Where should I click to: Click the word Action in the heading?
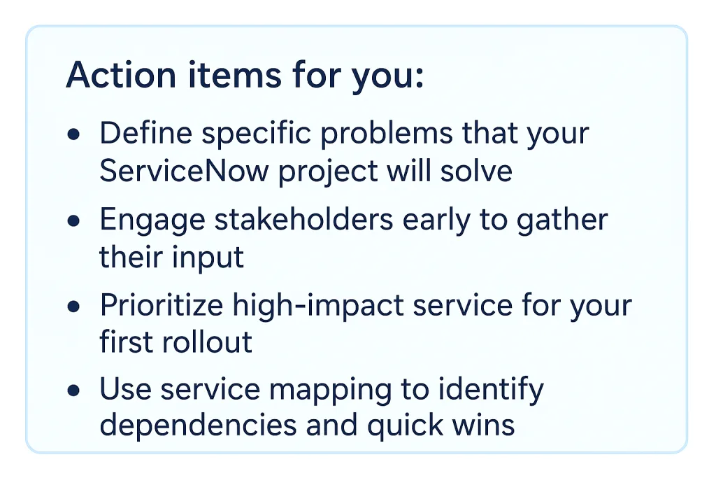coord(121,74)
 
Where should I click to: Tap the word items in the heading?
coord(235,74)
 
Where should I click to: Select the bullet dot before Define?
coord(73,134)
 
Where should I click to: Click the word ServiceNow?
coord(184,171)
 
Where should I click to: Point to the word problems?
coord(386,134)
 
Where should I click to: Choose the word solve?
coord(475,171)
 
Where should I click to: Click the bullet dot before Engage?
coord(73,220)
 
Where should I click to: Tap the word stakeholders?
coord(303,219)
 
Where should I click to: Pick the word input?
coord(208,258)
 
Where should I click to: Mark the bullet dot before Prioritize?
coord(73,306)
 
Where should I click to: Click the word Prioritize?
coord(162,305)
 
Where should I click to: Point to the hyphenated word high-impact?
coord(318,306)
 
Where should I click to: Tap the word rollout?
coord(207,342)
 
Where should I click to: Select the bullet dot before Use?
coord(73,391)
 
